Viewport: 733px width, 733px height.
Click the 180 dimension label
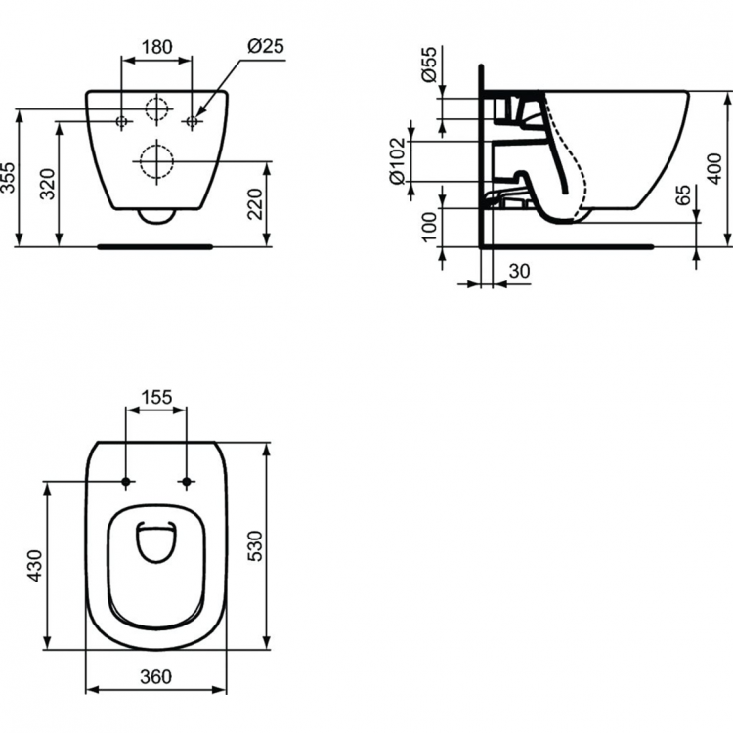coord(156,46)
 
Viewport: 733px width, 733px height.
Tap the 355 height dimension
coord(10,178)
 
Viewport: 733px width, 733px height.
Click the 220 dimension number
coord(257,203)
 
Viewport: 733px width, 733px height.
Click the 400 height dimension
coord(720,178)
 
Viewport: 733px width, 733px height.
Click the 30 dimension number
coord(520,271)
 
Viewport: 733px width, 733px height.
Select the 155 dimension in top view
coord(156,397)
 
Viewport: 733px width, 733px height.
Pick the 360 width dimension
coord(155,675)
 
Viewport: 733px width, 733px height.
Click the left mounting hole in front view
coord(121,122)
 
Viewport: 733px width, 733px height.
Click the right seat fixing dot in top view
coord(187,481)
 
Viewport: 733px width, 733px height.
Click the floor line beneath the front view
coord(156,247)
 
